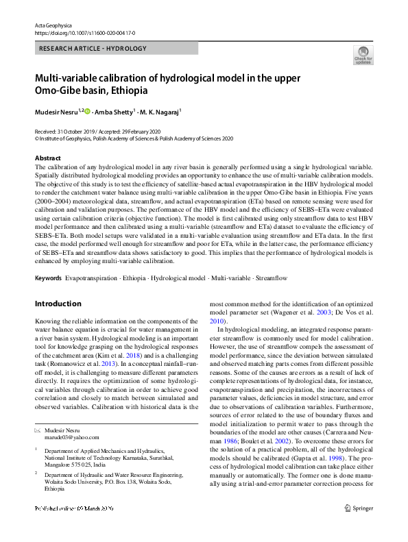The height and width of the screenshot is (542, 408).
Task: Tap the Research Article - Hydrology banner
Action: pyautogui.click(x=93, y=49)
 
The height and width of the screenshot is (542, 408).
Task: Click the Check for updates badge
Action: pyautogui.click(x=363, y=56)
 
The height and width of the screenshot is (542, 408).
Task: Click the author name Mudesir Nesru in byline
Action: pyautogui.click(x=56, y=111)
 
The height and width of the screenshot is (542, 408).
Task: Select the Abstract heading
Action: pyautogui.click(x=47, y=158)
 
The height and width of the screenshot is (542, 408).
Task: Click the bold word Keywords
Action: pyautogui.click(x=47, y=278)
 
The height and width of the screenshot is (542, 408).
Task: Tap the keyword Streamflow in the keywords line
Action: pyautogui.click(x=271, y=278)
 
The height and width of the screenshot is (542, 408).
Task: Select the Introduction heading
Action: pyautogui.click(x=58, y=304)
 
